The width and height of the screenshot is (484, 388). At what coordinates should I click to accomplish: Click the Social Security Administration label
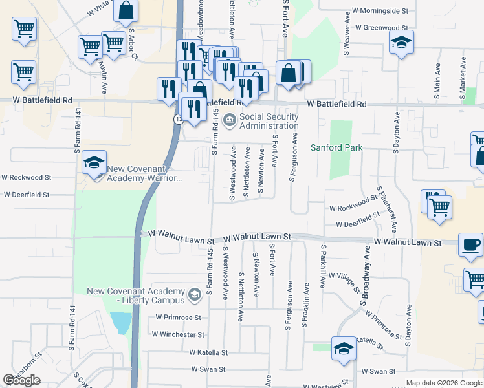(x=269, y=121)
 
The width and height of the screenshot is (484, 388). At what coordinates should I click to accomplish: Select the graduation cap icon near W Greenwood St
(x=401, y=43)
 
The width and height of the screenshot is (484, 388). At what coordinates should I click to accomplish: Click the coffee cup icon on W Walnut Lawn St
(x=470, y=245)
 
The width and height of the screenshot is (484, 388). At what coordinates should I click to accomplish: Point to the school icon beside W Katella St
(x=343, y=349)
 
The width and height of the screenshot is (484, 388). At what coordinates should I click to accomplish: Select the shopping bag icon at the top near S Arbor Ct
(x=127, y=10)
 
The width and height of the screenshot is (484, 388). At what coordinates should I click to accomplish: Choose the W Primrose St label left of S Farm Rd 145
(x=179, y=318)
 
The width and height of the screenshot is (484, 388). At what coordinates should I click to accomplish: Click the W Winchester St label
(x=178, y=334)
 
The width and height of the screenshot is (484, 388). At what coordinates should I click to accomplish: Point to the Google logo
(x=21, y=381)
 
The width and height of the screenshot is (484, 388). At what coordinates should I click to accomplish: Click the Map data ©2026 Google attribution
(x=444, y=383)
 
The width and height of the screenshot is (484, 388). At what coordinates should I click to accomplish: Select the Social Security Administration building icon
(x=230, y=120)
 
